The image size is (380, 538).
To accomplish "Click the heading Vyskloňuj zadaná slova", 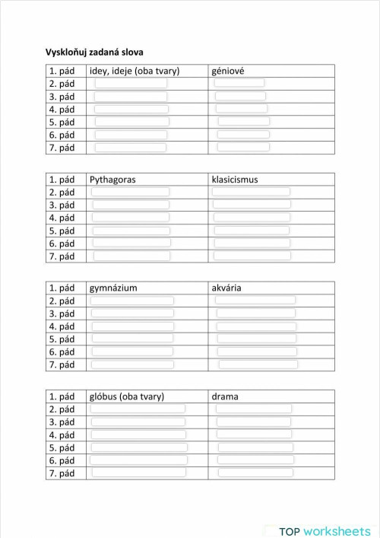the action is click(x=94, y=52).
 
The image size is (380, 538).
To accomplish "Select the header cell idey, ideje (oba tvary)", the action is click(x=135, y=71).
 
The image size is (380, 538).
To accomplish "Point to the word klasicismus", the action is click(x=235, y=180).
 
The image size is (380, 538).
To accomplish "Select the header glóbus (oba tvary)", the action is click(x=127, y=396).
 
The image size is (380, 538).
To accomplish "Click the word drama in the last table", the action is click(x=225, y=396).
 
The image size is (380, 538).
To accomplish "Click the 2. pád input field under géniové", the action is click(x=239, y=83).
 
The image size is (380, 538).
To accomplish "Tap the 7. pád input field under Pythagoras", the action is click(x=130, y=256).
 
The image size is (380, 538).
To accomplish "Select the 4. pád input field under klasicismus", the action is click(x=252, y=218).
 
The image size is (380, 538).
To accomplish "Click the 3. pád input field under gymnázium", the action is click(x=132, y=314).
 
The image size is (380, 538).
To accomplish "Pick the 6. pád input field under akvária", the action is click(x=256, y=352).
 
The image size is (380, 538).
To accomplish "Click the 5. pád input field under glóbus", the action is click(x=138, y=447).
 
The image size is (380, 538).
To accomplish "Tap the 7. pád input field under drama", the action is click(x=253, y=473).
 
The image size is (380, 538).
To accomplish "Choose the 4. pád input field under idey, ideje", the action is click(x=131, y=109).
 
